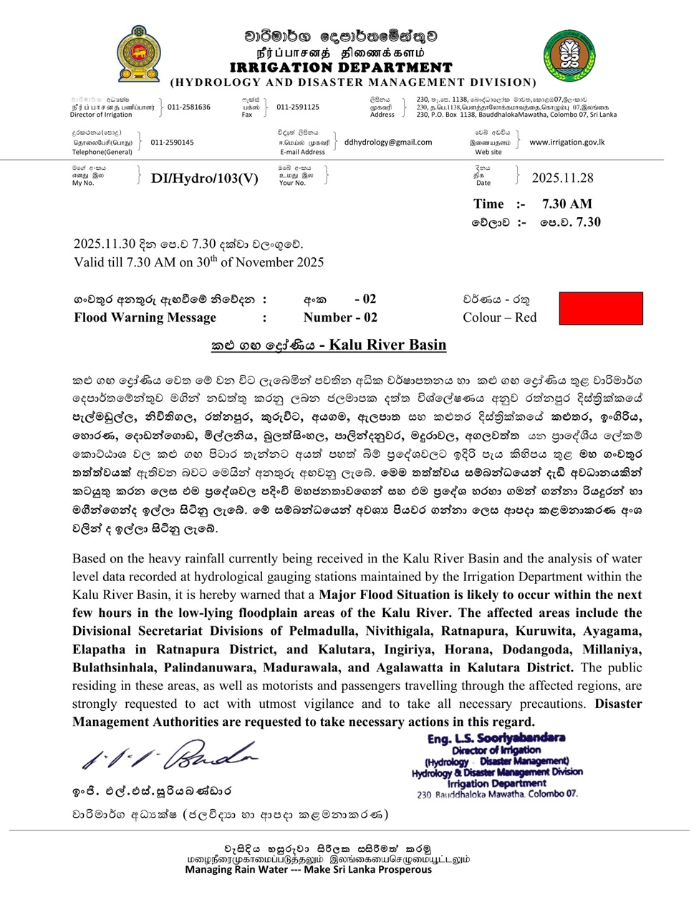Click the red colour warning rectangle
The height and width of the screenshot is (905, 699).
[600, 308]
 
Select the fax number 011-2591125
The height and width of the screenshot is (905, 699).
[298, 107]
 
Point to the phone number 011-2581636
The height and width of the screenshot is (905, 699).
[189, 107]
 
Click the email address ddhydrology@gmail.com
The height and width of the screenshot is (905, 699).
[388, 142]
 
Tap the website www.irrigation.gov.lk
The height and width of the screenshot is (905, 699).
[567, 142]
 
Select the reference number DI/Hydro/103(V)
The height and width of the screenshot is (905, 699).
[204, 178]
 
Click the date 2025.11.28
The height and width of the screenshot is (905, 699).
[562, 178]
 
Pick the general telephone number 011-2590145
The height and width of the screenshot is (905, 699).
[172, 142]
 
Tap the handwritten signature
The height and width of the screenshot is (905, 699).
[169, 755]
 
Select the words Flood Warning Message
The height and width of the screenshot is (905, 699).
[145, 317]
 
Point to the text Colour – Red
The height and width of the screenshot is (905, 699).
[499, 317]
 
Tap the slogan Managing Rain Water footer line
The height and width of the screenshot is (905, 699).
[309, 869]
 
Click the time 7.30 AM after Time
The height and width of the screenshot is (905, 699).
[567, 203]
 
